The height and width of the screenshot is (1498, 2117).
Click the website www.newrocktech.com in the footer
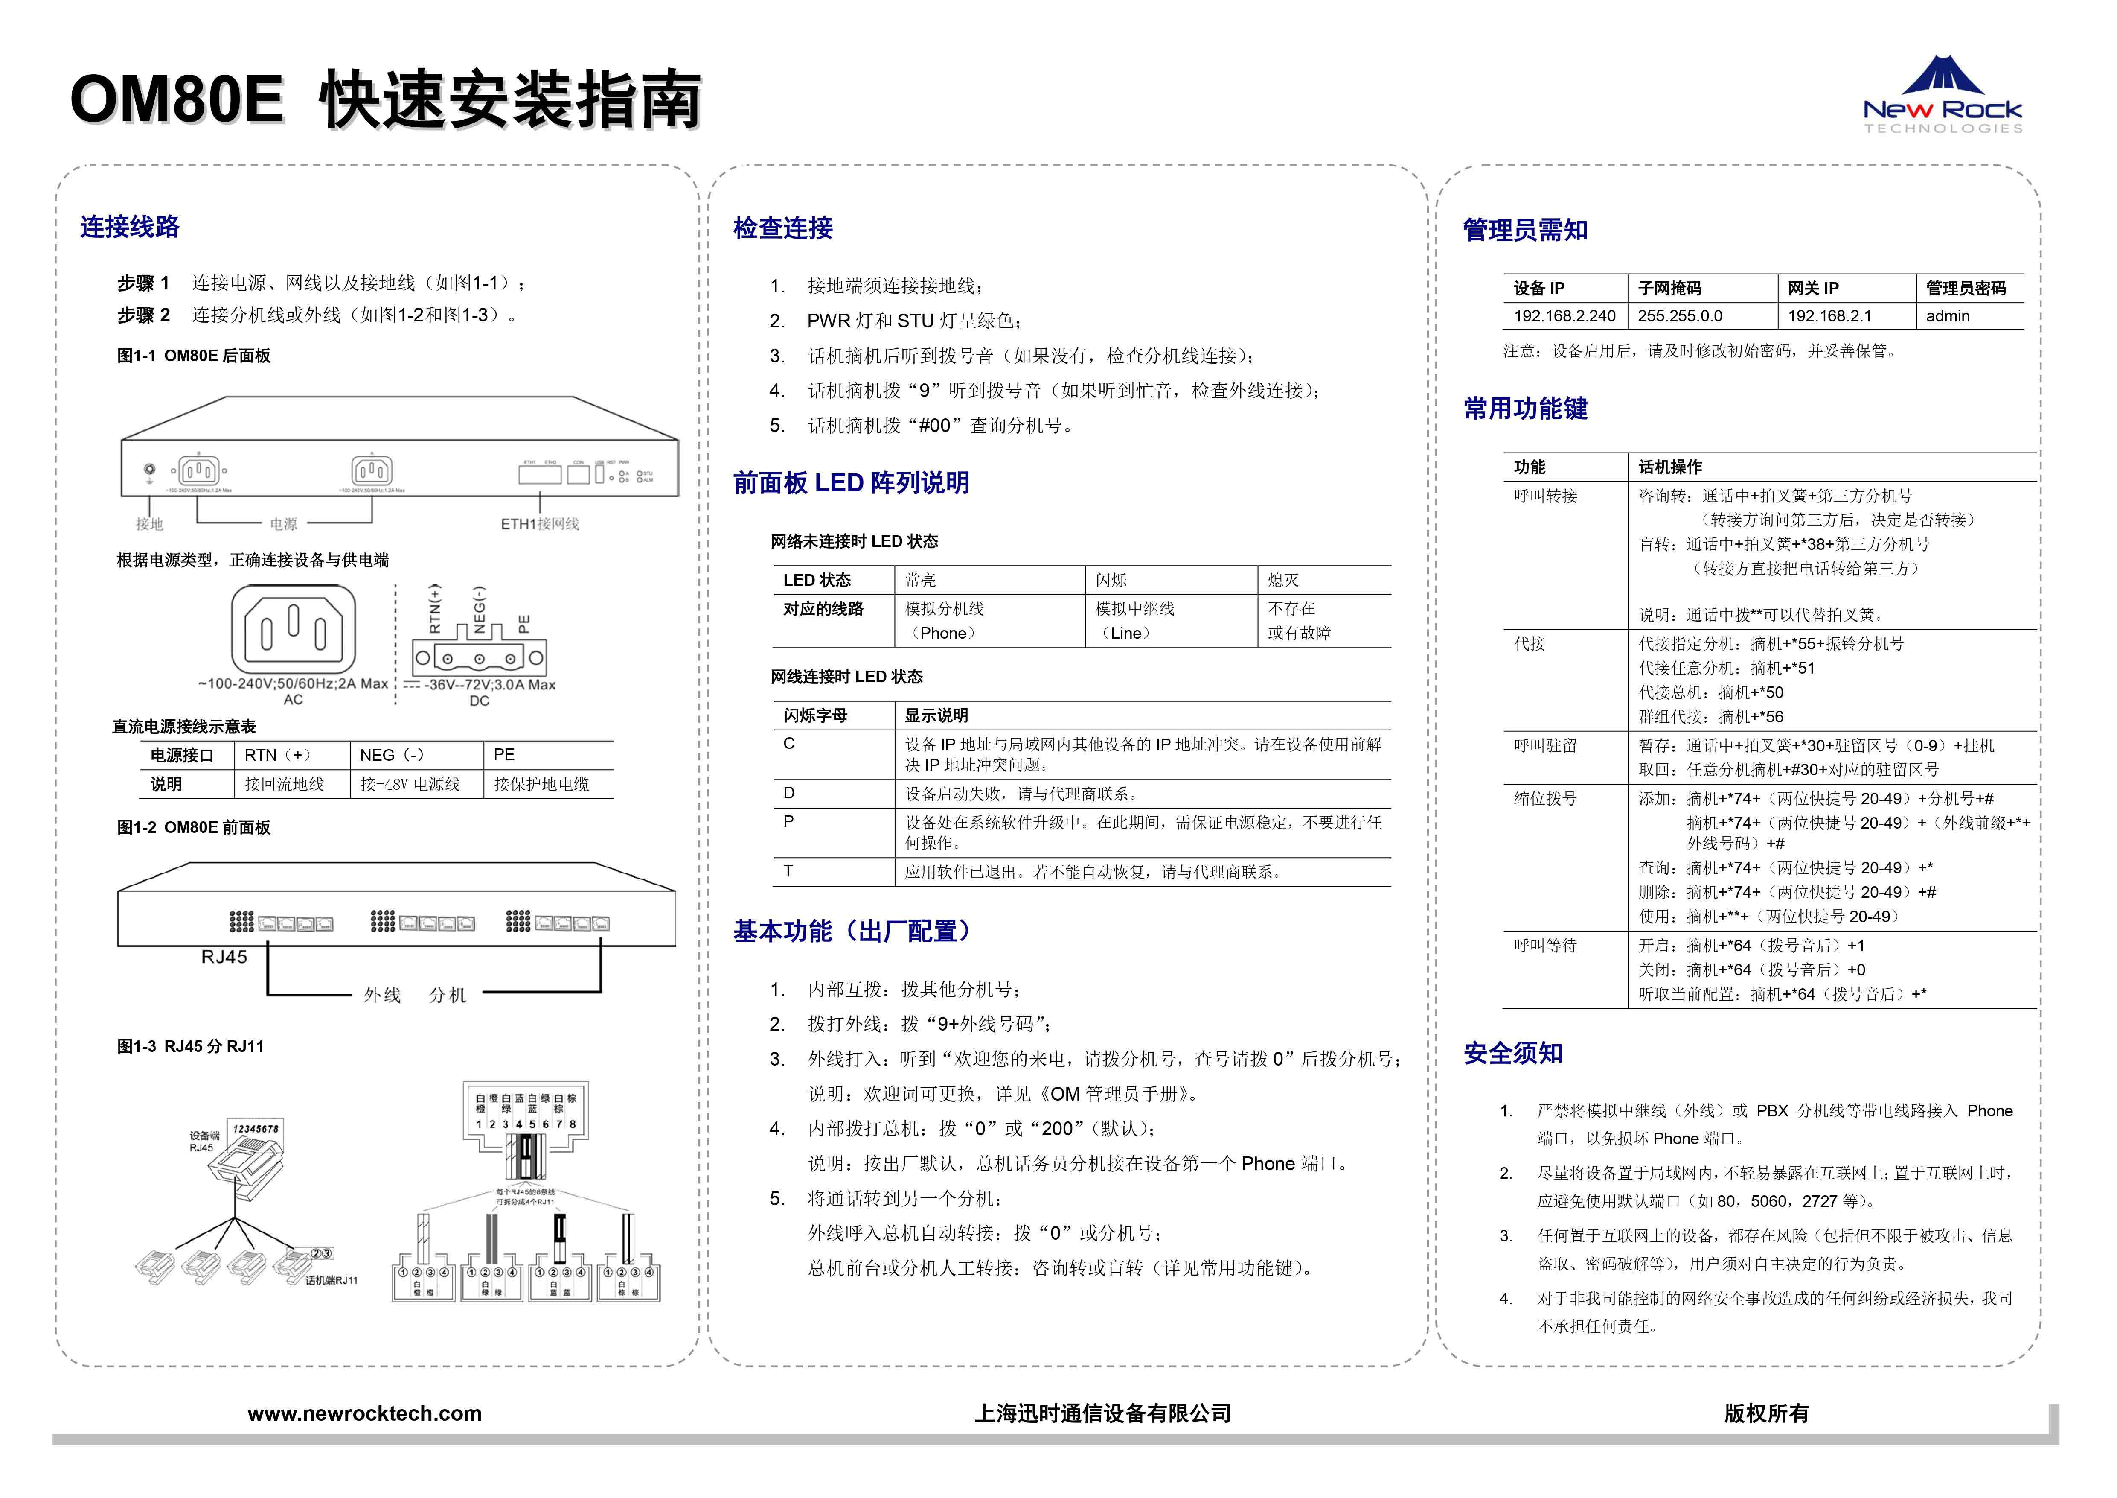(x=364, y=1413)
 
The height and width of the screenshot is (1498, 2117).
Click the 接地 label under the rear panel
(x=149, y=524)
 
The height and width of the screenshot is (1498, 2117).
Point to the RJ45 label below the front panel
(x=224, y=958)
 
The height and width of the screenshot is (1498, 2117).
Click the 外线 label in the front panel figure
(x=382, y=994)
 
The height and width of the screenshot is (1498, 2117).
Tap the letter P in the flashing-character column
(x=788, y=821)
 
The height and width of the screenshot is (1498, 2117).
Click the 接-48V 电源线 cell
(x=410, y=784)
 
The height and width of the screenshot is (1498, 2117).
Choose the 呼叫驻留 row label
(x=1545, y=745)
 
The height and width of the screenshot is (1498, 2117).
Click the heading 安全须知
(x=1513, y=1054)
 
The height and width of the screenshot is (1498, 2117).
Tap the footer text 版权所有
(x=1766, y=1413)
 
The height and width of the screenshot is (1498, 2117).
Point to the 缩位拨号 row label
(x=1545, y=799)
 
